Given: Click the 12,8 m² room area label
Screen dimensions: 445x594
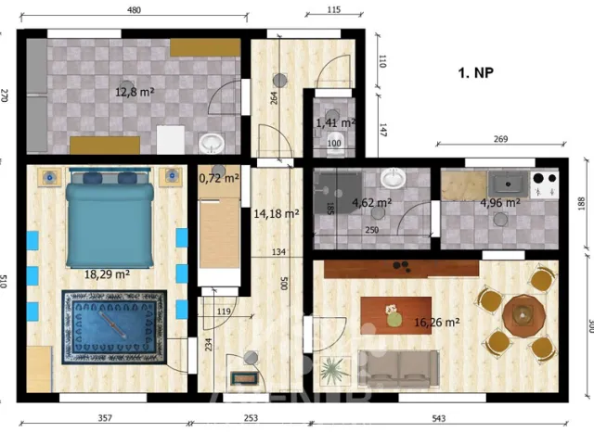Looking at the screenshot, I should [x=135, y=92].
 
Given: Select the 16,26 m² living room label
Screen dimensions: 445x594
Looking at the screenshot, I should [x=439, y=323].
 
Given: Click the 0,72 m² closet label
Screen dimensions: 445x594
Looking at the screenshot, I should [x=219, y=176].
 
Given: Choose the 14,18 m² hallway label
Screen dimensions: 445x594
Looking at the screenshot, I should [x=277, y=213].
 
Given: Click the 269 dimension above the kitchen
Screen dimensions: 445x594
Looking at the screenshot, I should [x=499, y=139].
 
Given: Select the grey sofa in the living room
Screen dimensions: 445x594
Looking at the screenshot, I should [x=400, y=368].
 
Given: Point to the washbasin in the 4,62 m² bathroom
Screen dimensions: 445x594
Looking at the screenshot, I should [x=394, y=177].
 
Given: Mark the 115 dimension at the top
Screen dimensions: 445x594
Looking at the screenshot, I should [x=334, y=10].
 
